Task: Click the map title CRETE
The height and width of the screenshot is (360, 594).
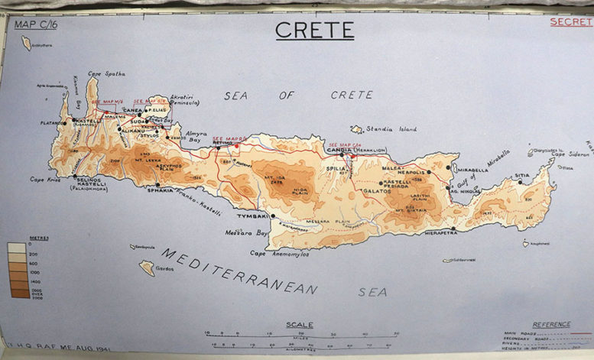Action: click(314, 30)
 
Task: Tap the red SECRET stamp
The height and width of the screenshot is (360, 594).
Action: click(571, 21)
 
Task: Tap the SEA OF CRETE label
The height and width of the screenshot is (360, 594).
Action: click(298, 95)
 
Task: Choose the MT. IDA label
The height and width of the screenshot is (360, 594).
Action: click(275, 177)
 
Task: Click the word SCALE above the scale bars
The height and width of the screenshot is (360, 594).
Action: click(299, 325)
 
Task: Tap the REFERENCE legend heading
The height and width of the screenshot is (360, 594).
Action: click(551, 324)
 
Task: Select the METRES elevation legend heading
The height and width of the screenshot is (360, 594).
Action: click(18, 238)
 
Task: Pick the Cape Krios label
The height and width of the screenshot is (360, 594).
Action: click(45, 180)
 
